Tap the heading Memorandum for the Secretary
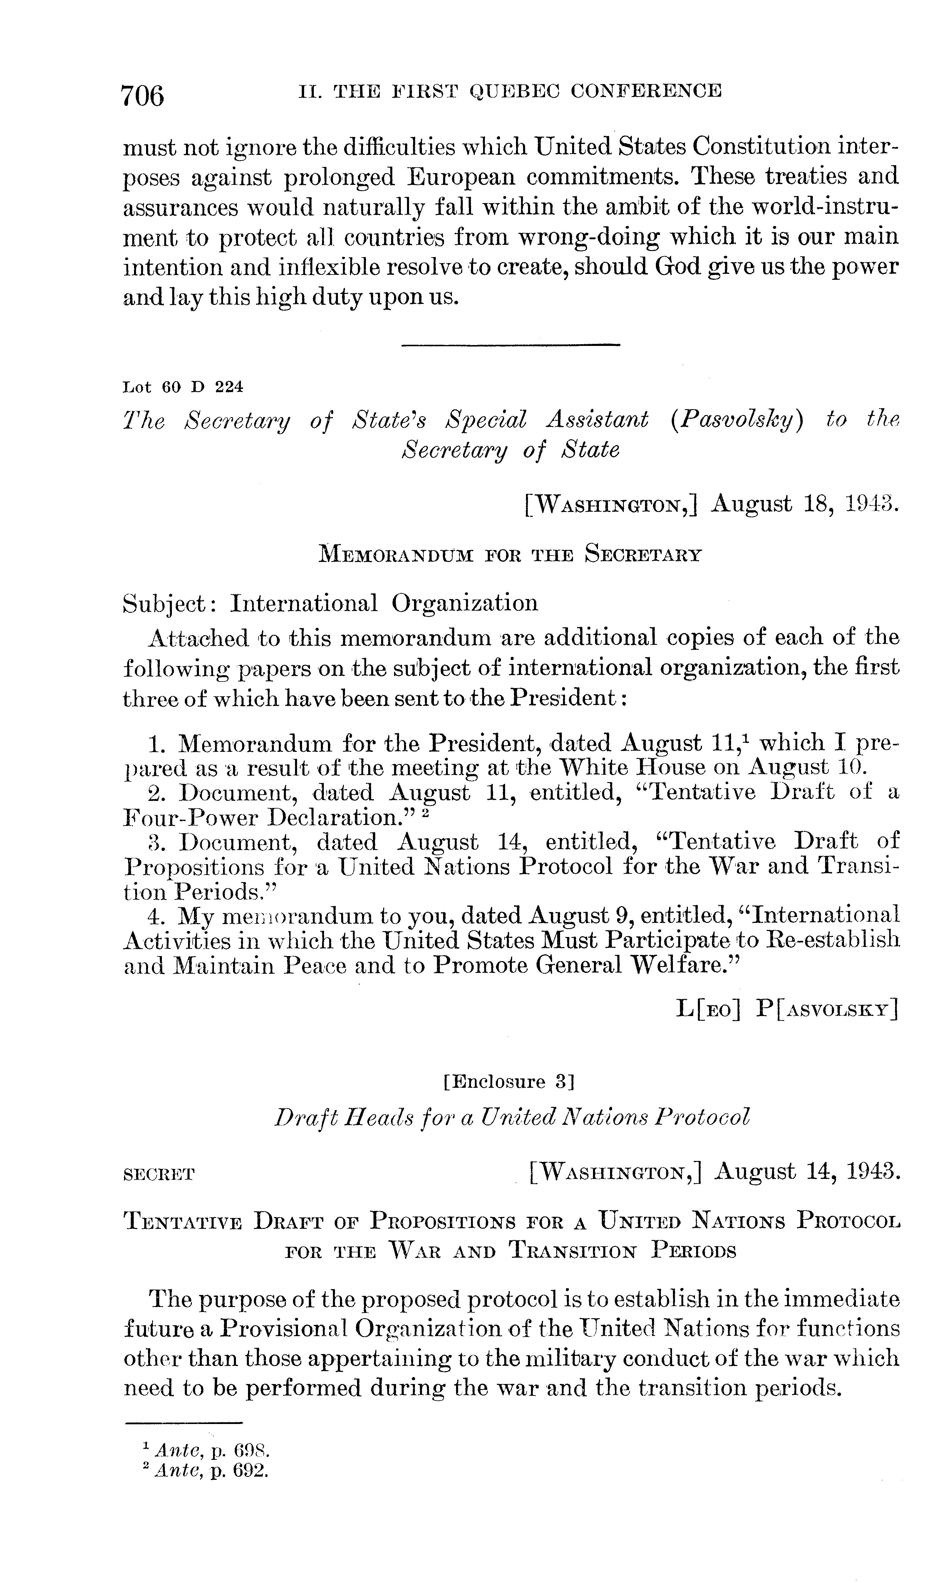pyautogui.click(x=510, y=554)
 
